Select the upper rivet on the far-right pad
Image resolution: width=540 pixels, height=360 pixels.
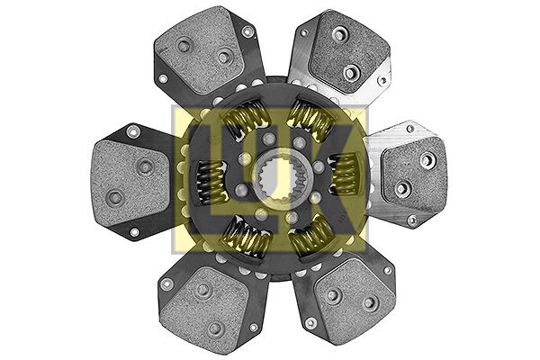(x=425, y=158)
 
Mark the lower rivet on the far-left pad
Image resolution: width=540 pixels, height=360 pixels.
(x=113, y=197)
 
